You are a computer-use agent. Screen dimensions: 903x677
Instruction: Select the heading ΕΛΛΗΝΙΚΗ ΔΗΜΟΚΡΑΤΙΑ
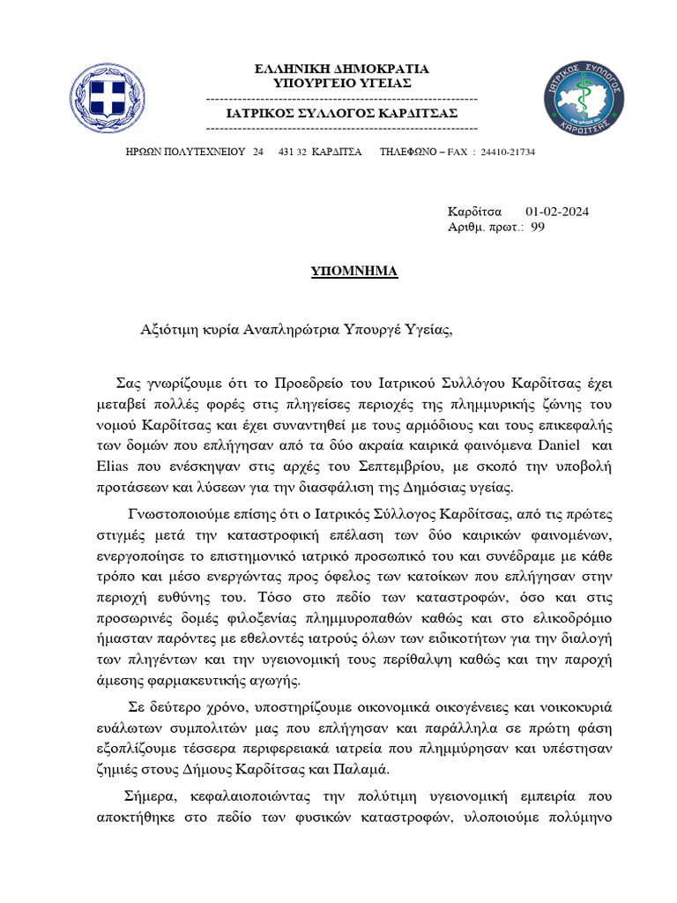point(341,69)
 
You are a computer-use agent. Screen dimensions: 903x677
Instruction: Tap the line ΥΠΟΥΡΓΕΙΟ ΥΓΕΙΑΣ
point(341,83)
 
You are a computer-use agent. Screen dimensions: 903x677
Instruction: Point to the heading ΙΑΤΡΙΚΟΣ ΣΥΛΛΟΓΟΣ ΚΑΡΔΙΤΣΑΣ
point(342,114)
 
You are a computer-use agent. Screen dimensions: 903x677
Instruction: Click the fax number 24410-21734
point(508,153)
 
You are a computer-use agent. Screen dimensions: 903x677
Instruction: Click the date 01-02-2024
point(557,212)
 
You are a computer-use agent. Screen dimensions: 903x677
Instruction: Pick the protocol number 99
point(538,228)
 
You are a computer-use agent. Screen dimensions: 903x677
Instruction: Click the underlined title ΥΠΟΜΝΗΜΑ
point(354,271)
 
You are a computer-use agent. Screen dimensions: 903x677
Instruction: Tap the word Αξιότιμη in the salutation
point(168,331)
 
